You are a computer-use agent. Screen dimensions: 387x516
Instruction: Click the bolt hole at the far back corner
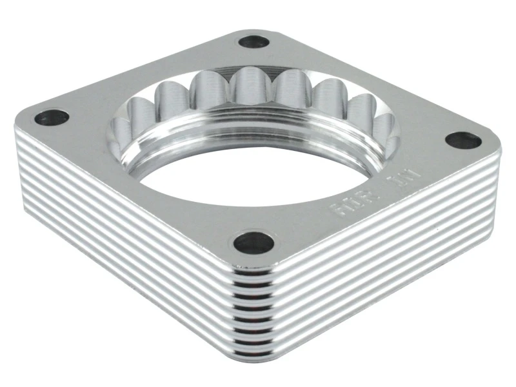253,43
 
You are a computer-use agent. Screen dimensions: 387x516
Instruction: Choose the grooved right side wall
387,258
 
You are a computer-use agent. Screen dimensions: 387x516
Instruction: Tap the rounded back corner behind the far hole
254,29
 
